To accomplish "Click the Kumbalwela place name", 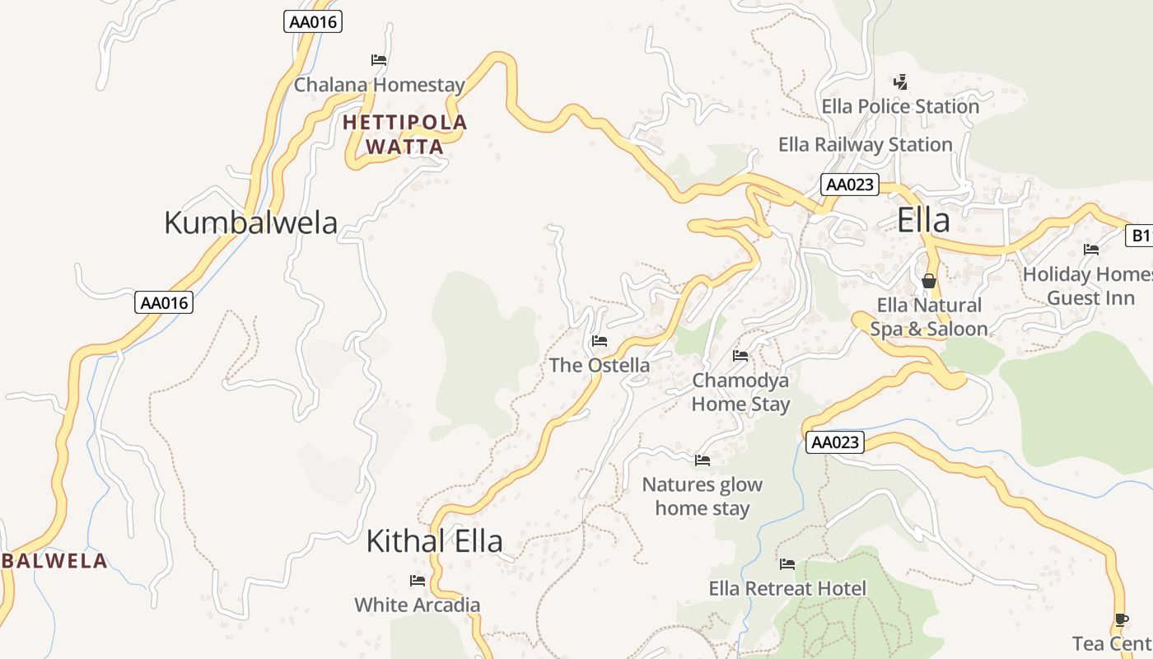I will point(250,222).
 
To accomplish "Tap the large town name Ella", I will point(922,220).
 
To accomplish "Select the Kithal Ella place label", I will point(434,541).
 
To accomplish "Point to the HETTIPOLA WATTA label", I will point(404,134).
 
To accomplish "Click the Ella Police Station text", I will point(900,106).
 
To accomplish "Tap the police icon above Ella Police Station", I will point(901,82).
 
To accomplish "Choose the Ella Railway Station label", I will point(865,144).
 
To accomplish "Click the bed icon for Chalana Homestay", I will point(379,60).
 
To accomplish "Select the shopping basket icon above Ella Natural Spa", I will point(929,281).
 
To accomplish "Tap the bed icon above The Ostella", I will point(599,340).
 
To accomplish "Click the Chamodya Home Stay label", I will point(740,392).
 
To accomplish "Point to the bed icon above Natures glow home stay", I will point(702,460).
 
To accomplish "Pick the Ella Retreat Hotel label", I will point(787,588).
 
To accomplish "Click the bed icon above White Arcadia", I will point(418,581).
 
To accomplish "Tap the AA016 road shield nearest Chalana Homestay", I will point(313,21).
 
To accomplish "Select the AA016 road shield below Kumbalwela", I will point(165,302).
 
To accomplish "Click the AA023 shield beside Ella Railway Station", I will point(849,185).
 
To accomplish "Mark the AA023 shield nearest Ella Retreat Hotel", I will point(835,442).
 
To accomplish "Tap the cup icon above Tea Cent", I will point(1120,619).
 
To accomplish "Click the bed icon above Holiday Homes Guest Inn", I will point(1091,249).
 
